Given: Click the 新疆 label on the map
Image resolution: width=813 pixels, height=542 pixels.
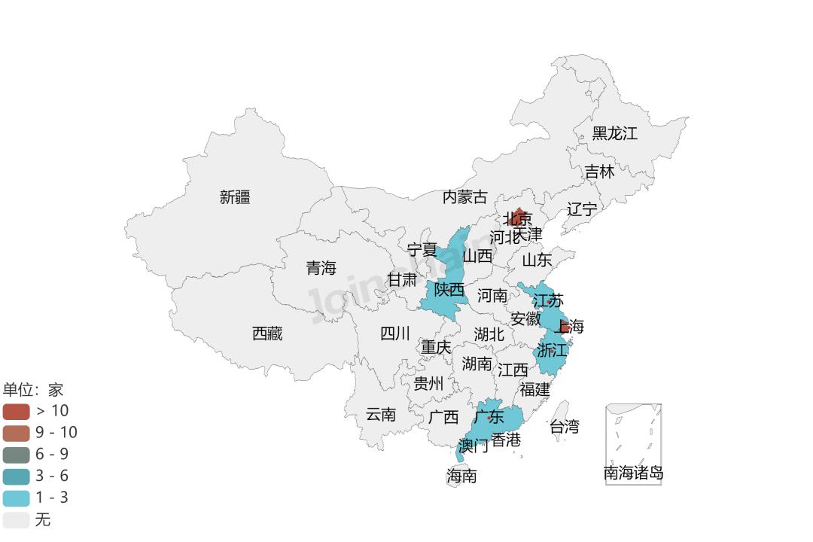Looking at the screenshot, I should tap(235, 197).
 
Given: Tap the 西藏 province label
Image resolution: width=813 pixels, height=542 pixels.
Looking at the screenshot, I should tap(267, 333).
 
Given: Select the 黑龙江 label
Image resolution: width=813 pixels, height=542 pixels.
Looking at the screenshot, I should tap(614, 134).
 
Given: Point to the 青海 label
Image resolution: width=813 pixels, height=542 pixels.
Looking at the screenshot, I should tap(321, 268).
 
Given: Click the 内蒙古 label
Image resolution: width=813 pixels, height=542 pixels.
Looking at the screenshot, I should tap(464, 197).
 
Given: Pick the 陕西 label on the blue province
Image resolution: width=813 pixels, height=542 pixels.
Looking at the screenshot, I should tap(449, 289).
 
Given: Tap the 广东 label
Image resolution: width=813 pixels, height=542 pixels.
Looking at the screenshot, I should tap(489, 416).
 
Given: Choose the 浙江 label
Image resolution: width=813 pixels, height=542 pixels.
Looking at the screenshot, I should tap(552, 350).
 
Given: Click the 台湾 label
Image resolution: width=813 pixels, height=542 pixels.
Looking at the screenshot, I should tap(565, 427).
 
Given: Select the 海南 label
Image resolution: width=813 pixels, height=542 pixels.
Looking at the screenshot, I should tap(461, 476).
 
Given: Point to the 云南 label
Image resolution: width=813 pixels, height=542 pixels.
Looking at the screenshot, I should tap(381, 414).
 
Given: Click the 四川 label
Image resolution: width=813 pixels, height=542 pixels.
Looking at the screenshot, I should tap(395, 333).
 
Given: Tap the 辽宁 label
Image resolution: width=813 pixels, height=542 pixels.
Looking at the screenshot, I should tap(582, 209).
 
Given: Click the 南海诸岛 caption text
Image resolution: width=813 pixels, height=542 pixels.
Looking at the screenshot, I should tap(634, 473).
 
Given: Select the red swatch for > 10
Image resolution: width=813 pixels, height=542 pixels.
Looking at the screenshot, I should tap(16, 411).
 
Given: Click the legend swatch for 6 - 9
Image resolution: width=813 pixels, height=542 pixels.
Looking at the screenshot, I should tap(16, 455).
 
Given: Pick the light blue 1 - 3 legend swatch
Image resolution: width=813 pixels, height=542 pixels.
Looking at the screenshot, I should tap(16, 498).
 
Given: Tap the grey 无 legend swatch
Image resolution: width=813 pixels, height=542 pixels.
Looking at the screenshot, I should tap(16, 520).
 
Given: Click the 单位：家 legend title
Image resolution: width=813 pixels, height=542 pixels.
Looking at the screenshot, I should tap(33, 389).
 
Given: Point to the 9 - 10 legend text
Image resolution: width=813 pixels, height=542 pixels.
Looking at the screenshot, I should tap(56, 433).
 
